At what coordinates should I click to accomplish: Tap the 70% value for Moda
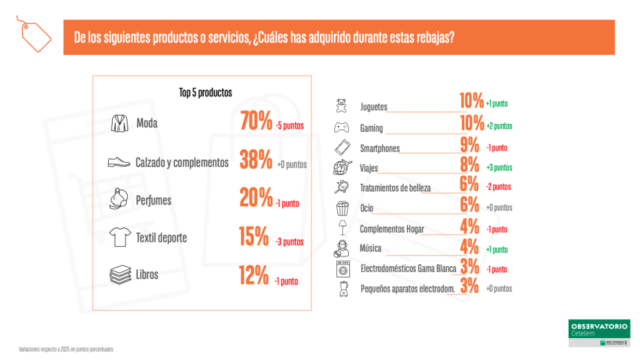(x=256, y=122)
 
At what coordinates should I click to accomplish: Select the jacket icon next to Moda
(x=119, y=123)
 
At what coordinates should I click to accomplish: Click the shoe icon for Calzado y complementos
(x=119, y=162)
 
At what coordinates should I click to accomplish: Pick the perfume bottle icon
(x=119, y=200)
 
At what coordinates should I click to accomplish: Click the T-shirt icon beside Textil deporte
(x=119, y=237)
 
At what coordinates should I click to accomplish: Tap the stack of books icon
(x=119, y=275)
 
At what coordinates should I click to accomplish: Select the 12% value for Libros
(x=254, y=276)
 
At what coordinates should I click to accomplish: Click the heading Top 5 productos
(x=205, y=92)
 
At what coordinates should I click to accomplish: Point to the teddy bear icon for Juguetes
(x=341, y=105)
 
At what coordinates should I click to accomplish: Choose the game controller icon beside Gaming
(x=341, y=127)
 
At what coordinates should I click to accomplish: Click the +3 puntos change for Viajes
(x=499, y=167)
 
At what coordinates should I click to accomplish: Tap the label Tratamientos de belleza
(x=395, y=187)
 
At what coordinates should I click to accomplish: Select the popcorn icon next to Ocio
(x=341, y=207)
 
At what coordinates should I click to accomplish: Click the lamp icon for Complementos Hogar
(x=341, y=227)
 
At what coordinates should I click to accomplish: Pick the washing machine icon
(x=341, y=269)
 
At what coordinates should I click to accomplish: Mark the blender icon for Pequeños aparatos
(x=341, y=288)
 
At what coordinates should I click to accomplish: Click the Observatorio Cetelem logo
(x=599, y=334)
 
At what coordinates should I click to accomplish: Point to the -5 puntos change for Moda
(x=289, y=126)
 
